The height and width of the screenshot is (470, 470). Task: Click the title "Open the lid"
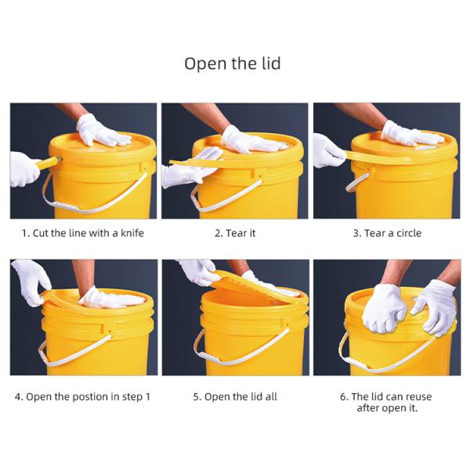tap(233, 63)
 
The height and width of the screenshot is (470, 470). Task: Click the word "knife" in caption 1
tap(132, 233)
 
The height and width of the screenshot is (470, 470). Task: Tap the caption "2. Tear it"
tap(235, 233)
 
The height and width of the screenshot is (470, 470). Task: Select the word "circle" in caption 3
tap(409, 233)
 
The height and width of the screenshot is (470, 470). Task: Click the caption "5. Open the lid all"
tap(235, 397)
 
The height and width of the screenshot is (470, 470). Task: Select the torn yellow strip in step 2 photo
tap(210, 162)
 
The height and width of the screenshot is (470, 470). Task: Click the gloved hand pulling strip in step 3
tap(327, 150)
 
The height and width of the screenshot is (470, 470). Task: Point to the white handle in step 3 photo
tap(356, 183)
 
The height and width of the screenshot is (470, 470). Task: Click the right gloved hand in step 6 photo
tap(435, 305)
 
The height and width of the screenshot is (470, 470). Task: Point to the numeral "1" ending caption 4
tap(147, 397)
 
